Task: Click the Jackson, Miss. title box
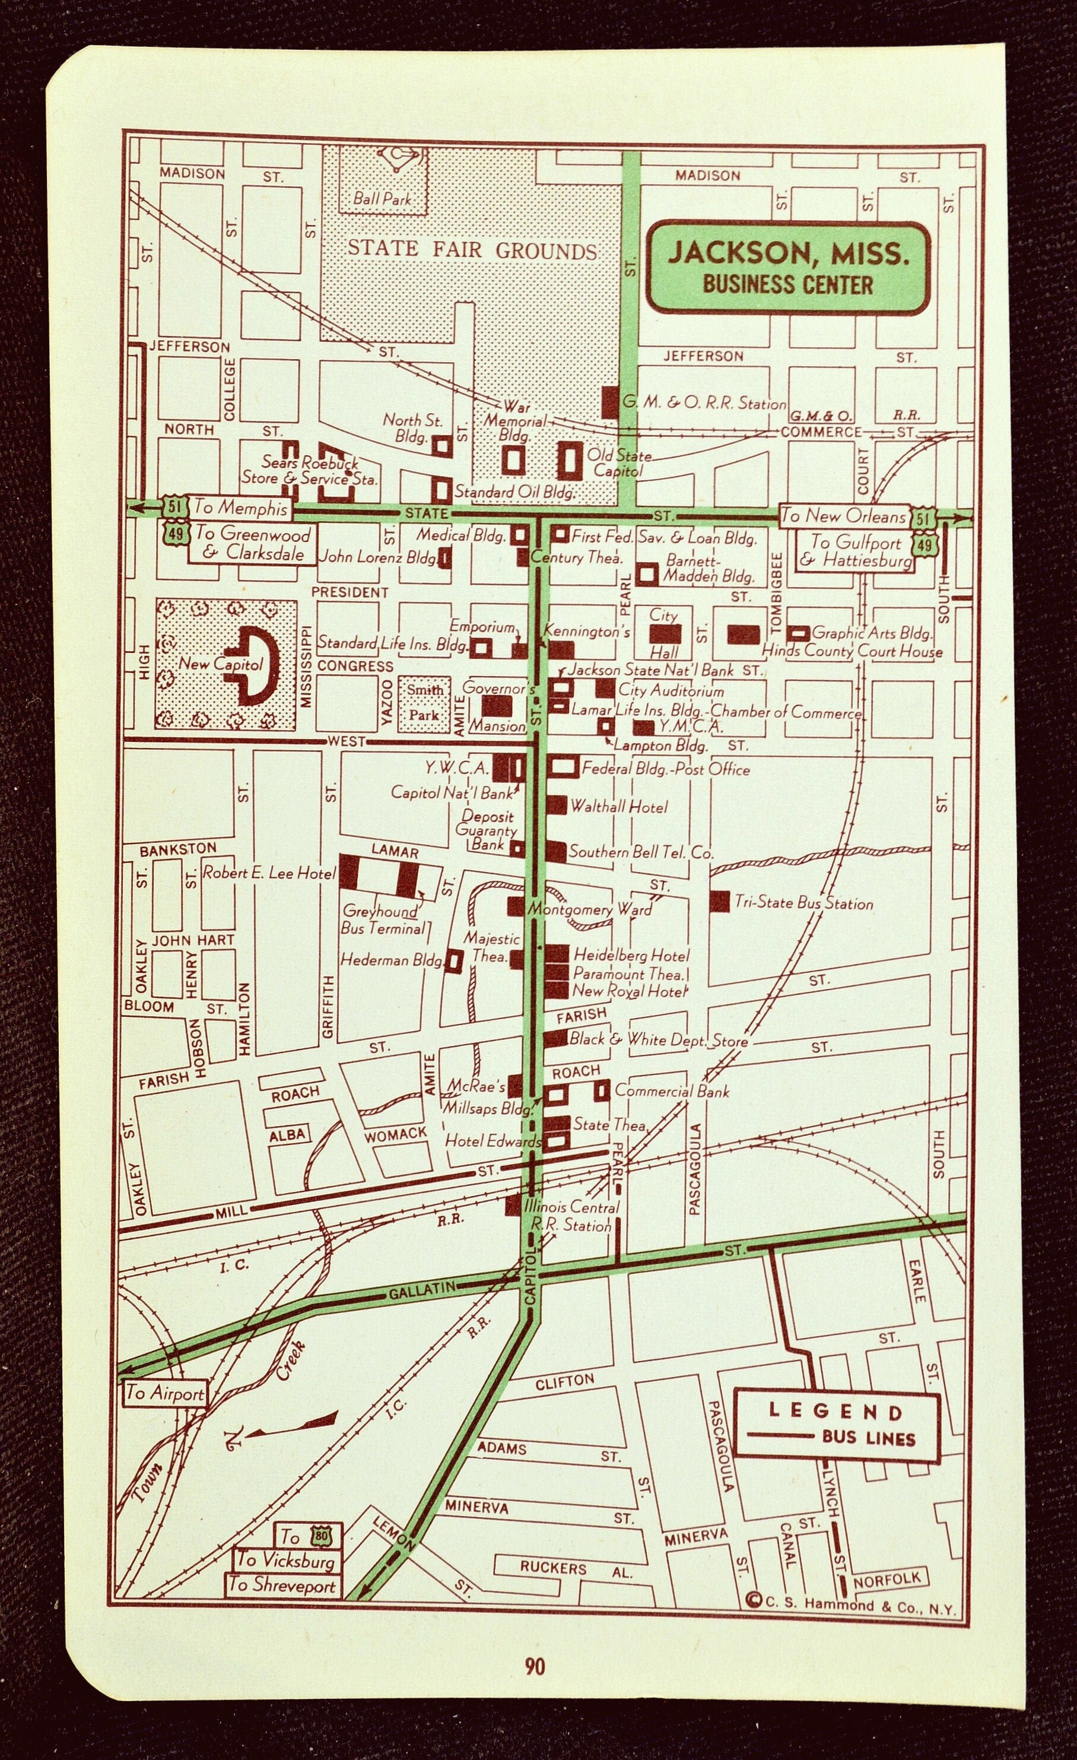point(789,267)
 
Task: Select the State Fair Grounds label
point(471,250)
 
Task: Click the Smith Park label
point(425,702)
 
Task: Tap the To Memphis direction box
point(241,508)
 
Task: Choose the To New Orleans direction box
point(843,515)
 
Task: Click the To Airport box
point(165,1393)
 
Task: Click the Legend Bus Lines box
point(837,1425)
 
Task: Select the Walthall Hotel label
point(618,807)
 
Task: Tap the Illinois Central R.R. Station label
point(571,1216)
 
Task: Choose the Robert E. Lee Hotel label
point(269,872)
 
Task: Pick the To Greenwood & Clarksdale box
point(253,544)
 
